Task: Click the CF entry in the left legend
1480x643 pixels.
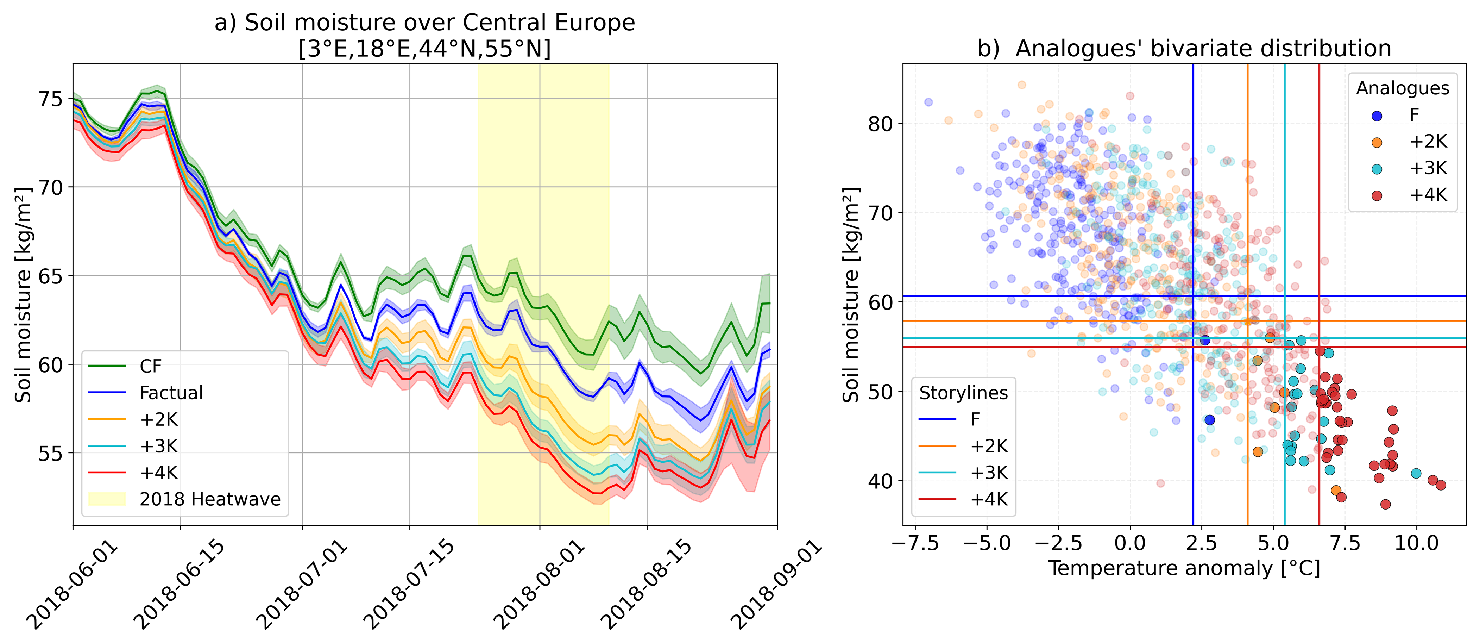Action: coord(151,366)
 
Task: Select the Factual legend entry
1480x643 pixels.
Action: coord(171,393)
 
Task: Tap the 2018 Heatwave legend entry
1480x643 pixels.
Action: coord(210,499)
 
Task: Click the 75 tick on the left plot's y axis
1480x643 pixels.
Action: coord(51,99)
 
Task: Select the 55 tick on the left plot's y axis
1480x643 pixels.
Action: coord(51,454)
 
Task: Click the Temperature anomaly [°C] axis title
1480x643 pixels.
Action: coord(1184,569)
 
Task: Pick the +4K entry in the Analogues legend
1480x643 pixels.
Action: coord(1428,195)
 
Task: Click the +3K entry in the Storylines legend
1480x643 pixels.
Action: coord(988,473)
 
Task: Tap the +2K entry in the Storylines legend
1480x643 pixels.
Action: coord(988,447)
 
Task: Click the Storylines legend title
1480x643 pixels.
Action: coord(963,393)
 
